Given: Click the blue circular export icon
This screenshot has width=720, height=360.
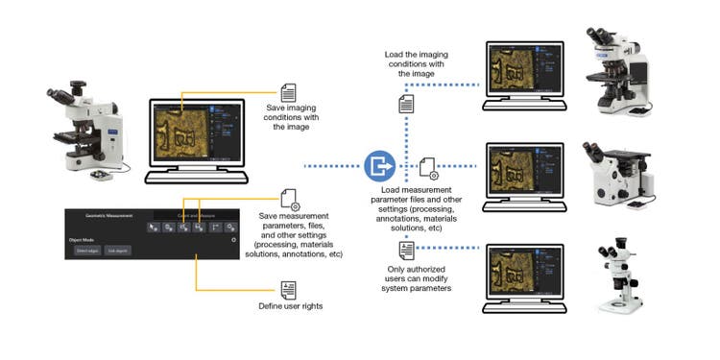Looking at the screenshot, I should pyautogui.click(x=380, y=166).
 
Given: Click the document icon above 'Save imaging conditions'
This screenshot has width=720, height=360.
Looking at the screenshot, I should pyautogui.click(x=288, y=93).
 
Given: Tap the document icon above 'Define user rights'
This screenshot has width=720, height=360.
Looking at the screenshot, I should pyautogui.click(x=288, y=290).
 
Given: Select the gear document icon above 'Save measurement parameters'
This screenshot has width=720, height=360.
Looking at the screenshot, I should pyautogui.click(x=289, y=200).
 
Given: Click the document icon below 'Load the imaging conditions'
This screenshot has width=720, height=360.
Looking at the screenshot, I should pyautogui.click(x=407, y=103).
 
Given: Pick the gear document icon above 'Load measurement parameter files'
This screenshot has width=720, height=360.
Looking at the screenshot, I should pyautogui.click(x=429, y=170).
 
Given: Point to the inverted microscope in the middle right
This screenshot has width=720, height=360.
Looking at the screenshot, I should pyautogui.click(x=618, y=178).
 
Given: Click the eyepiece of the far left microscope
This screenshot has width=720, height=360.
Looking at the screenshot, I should pyautogui.click(x=60, y=96).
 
